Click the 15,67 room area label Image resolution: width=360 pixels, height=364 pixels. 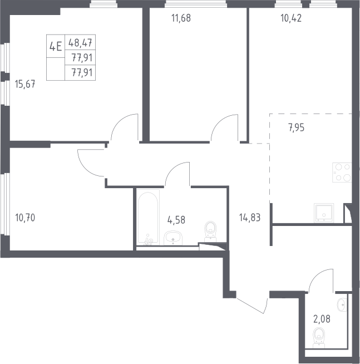25,84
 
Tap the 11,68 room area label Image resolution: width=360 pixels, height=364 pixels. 181,18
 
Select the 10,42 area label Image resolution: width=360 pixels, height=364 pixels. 291,18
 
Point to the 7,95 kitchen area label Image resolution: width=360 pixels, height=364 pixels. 296,127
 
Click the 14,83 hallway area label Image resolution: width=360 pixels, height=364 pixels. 250,218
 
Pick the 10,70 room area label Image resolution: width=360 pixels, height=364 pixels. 25,218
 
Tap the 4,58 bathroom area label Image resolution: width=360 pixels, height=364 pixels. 176,220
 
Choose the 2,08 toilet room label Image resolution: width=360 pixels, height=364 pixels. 322,319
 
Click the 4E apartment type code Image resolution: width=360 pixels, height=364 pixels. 56,46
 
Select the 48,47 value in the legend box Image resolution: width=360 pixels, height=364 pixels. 80,43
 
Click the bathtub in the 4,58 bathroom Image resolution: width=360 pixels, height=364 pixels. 148,217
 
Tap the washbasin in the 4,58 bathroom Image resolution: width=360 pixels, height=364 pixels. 173,238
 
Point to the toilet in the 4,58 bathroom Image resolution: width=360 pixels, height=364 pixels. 210,231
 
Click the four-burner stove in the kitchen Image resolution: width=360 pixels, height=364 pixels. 342,172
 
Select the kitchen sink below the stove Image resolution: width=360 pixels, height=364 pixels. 324,213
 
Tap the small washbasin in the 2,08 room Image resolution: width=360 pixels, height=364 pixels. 342,304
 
